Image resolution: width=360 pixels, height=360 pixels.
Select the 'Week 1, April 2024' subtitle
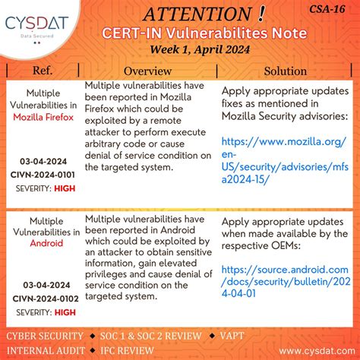tap(202, 51)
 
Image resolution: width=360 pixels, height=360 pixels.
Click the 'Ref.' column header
tap(43, 71)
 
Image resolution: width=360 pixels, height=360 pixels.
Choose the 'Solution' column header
tap(285, 71)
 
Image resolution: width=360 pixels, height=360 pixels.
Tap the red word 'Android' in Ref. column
tap(43, 244)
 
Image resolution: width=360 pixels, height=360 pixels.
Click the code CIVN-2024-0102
tap(43, 298)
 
